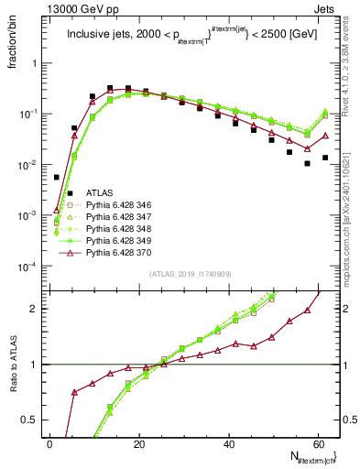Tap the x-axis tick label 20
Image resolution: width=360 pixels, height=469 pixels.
(x=139, y=442)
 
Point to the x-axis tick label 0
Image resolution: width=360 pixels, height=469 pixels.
(x=49, y=442)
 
